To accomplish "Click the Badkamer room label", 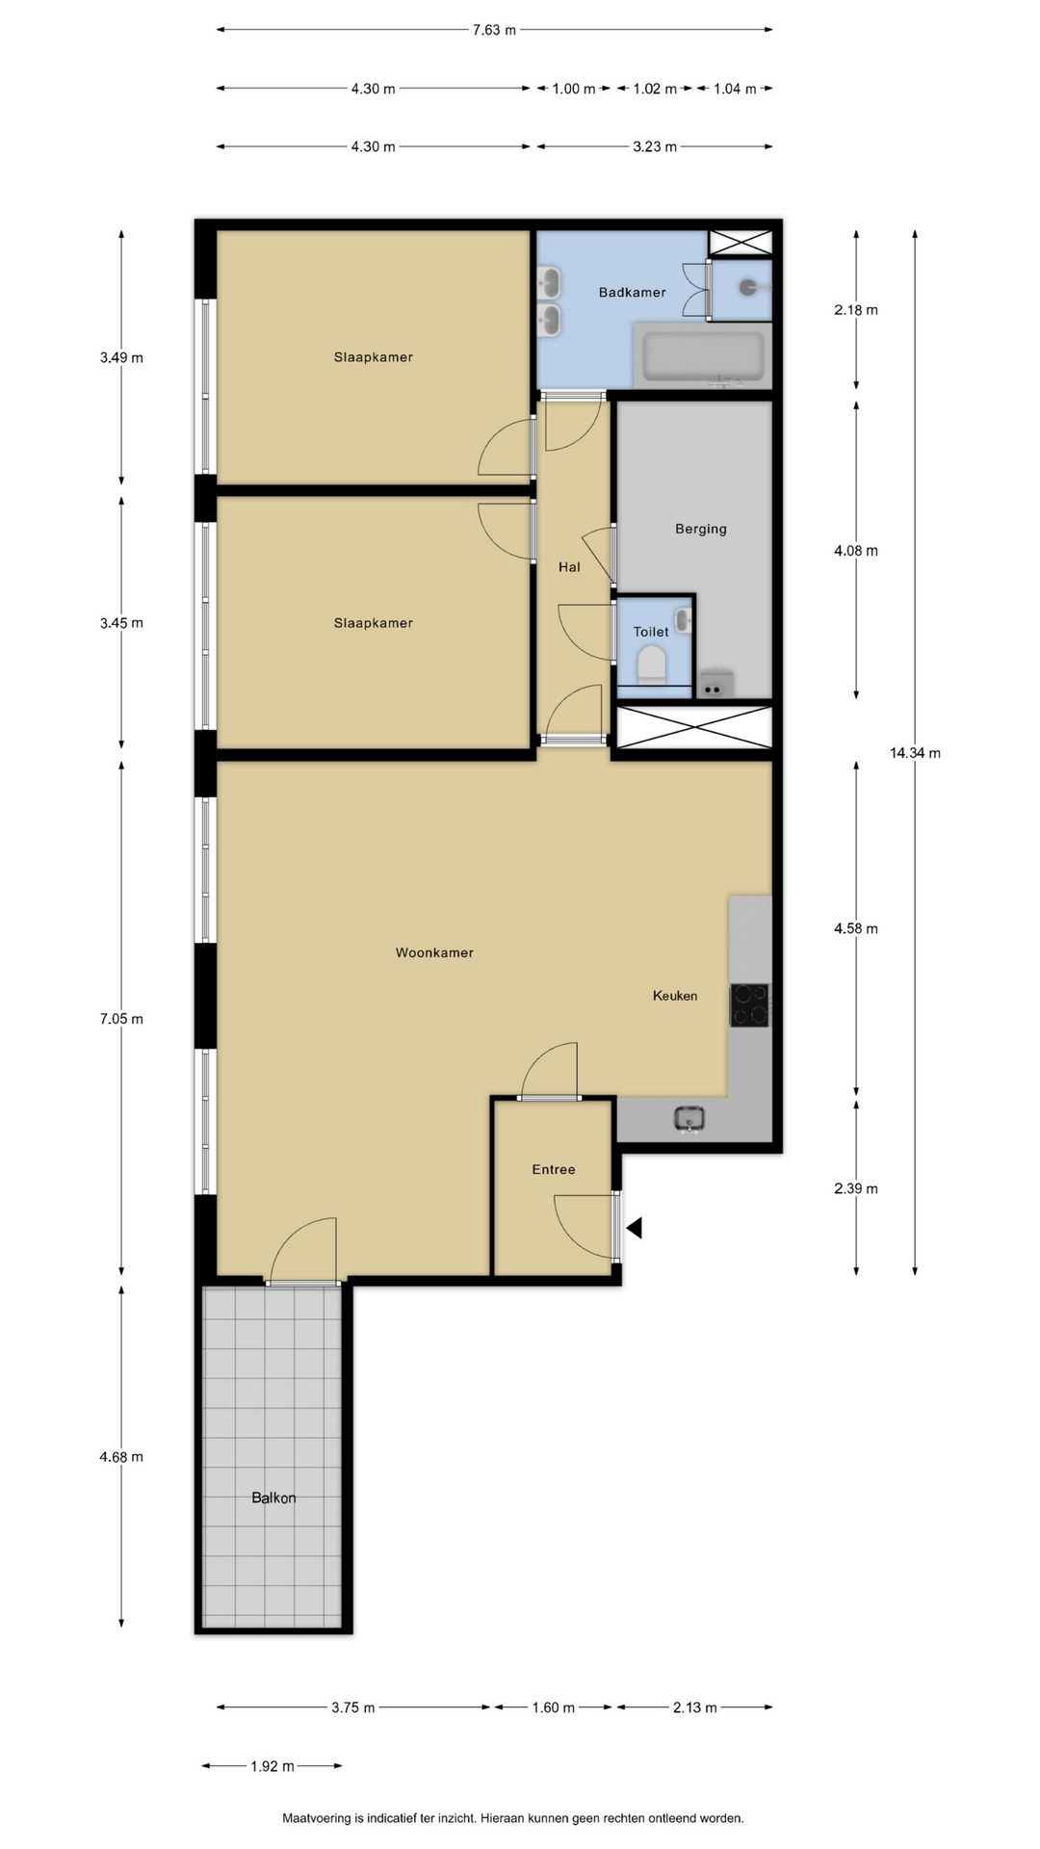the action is click(x=632, y=292).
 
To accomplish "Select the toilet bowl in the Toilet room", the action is click(x=652, y=664).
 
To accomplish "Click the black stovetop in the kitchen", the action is click(x=749, y=1005).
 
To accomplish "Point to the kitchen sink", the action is click(x=689, y=1119).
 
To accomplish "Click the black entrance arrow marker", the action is click(x=634, y=1228).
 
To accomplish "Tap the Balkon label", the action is click(x=273, y=1497).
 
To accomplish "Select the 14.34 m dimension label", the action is click(x=915, y=753).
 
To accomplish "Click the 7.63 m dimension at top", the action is click(x=494, y=30).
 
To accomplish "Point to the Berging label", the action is click(x=701, y=529).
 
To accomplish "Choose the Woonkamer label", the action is click(x=434, y=952).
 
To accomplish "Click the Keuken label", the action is click(x=675, y=996).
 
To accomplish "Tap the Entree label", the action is click(x=554, y=1169).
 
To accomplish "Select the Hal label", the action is click(x=569, y=567).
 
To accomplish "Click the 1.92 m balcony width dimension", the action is click(x=273, y=1766).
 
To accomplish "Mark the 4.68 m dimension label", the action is click(x=121, y=1457).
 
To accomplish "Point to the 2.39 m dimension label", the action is click(x=856, y=1188).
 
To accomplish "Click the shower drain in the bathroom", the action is click(x=747, y=286).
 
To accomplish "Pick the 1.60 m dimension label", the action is click(x=554, y=1707).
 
